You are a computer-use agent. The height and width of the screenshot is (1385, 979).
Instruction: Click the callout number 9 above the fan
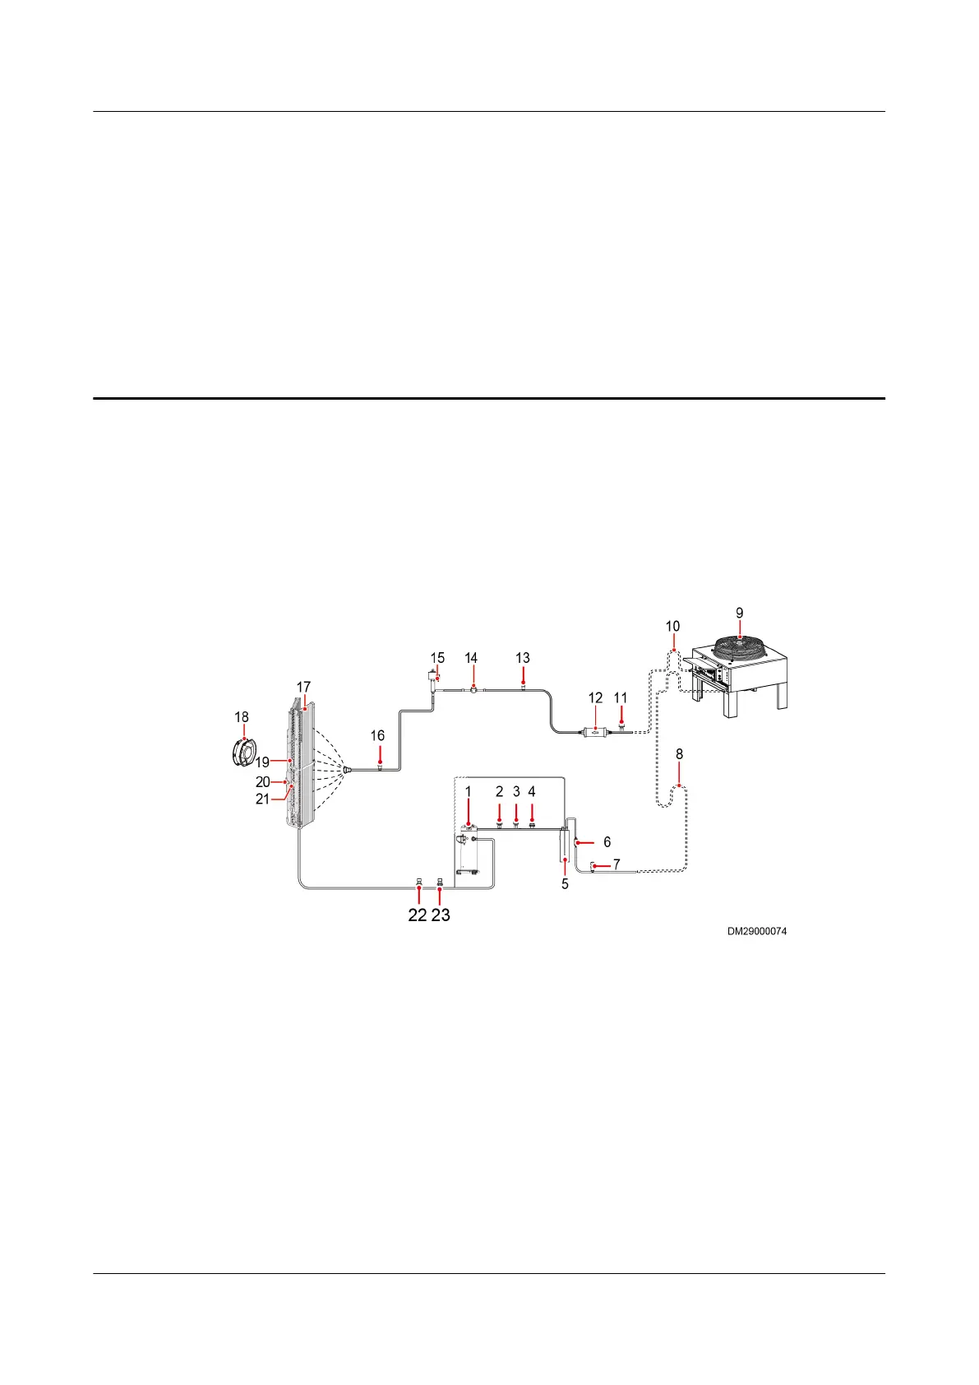pos(739,613)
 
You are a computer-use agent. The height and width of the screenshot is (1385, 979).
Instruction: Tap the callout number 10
pos(672,627)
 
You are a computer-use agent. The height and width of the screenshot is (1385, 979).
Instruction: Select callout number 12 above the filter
pos(595,698)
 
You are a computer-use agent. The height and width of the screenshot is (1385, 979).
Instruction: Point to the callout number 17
pos(303,687)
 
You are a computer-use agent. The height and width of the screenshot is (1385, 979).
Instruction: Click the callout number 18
pos(241,717)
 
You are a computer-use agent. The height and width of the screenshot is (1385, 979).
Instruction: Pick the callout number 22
pos(418,915)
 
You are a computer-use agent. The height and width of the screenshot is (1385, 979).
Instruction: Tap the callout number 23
pos(441,915)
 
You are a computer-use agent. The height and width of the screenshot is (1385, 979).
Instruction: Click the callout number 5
pos(565,884)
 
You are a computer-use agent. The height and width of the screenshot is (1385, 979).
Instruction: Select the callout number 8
pos(679,754)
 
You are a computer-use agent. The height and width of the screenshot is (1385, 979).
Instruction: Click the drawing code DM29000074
pos(756,932)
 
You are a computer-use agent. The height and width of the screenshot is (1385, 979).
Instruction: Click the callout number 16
pos(377,735)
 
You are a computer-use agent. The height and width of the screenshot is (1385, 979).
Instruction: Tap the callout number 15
pos(437,658)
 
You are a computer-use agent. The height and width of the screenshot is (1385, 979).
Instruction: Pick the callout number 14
pos(471,658)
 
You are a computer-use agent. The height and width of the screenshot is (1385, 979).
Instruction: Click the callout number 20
pos(262,781)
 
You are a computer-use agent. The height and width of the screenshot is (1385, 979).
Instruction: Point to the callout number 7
pos(616,864)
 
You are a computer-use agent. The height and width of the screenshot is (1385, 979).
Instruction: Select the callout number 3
pos(516,792)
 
